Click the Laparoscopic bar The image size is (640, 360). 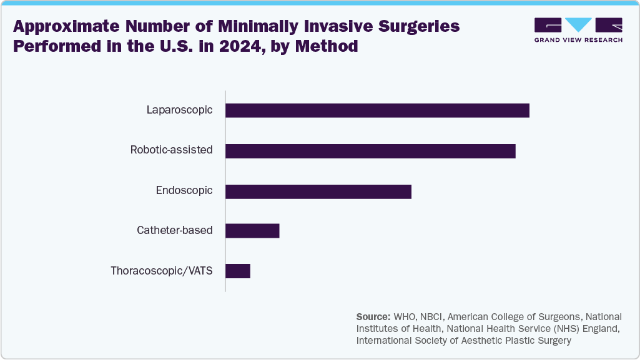click(x=377, y=110)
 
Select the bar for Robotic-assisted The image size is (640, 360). click(x=370, y=150)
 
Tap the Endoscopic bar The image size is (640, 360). click(x=318, y=191)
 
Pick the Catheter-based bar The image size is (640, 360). click(x=252, y=231)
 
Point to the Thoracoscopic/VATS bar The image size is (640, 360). click(x=238, y=271)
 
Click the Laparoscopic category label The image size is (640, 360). click(x=179, y=110)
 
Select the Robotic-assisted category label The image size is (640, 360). click(x=171, y=150)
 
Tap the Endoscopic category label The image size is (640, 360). click(x=184, y=191)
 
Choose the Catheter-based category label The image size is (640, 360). click(x=175, y=231)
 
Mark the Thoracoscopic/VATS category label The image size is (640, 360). click(x=162, y=271)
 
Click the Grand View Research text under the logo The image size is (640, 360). click(x=578, y=40)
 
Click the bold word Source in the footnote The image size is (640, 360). click(x=373, y=317)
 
